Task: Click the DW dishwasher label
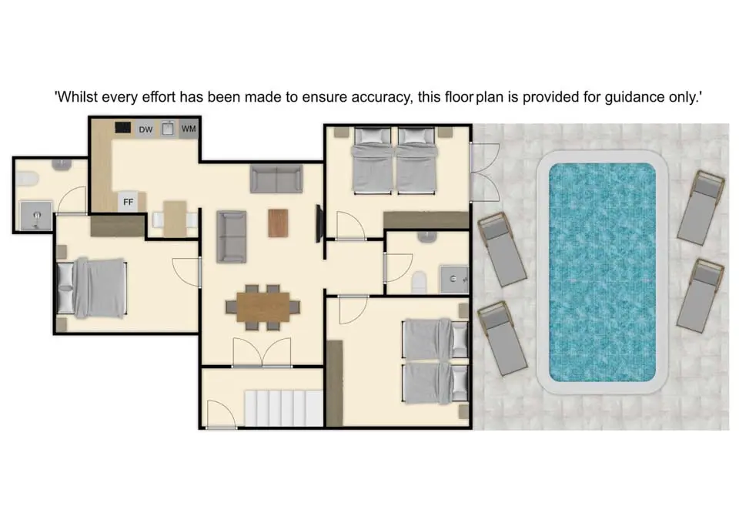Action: click(x=145, y=129)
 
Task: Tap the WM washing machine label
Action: click(x=189, y=129)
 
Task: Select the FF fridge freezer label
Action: click(x=129, y=202)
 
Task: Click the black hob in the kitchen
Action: click(x=123, y=127)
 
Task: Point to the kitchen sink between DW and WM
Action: click(x=168, y=129)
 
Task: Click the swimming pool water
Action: click(x=602, y=272)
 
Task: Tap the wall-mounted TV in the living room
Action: click(x=319, y=223)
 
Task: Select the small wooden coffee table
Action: click(x=278, y=223)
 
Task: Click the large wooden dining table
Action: click(x=263, y=307)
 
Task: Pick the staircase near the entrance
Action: click(x=283, y=408)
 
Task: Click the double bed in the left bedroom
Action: click(x=92, y=287)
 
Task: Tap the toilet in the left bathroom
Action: click(x=27, y=179)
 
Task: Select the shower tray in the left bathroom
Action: click(x=36, y=216)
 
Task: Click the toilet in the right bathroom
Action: click(x=419, y=282)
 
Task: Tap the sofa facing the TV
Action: click(x=232, y=236)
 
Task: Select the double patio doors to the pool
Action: click(x=485, y=173)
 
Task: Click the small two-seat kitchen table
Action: click(x=175, y=219)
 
